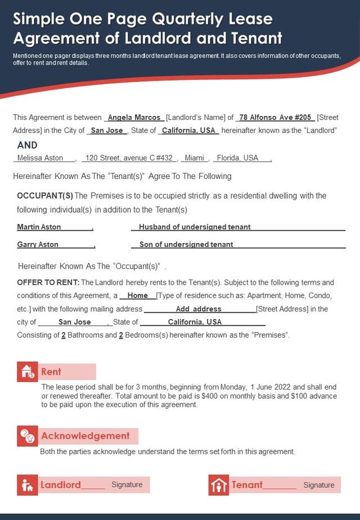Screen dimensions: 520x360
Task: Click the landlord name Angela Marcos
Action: pos(134,118)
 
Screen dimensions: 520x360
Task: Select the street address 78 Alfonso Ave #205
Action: pos(275,118)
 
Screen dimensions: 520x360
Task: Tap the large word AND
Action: pos(28,145)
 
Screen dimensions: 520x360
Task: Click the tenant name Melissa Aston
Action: pos(40,158)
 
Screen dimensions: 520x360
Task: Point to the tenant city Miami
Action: pos(195,158)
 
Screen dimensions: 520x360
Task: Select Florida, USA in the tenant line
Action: pos(237,158)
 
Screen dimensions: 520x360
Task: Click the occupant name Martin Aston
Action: pos(39,227)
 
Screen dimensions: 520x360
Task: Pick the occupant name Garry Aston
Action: pos(38,244)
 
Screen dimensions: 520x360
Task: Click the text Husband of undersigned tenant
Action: pos(195,227)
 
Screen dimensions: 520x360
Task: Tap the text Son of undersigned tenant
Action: pos(186,244)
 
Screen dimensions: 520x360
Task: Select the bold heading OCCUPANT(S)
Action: pos(45,196)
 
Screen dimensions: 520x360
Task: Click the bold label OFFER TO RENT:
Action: pos(48,282)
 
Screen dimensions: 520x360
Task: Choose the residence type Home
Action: pos(138,295)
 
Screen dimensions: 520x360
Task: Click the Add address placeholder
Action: pos(199,309)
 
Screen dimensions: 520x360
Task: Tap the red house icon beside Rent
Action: pos(28,371)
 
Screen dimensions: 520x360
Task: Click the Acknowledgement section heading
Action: pos(85,436)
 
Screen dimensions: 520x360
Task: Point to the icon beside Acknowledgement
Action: pos(28,436)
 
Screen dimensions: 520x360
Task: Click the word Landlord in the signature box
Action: pos(61,485)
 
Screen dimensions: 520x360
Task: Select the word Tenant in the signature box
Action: pos(247,485)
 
